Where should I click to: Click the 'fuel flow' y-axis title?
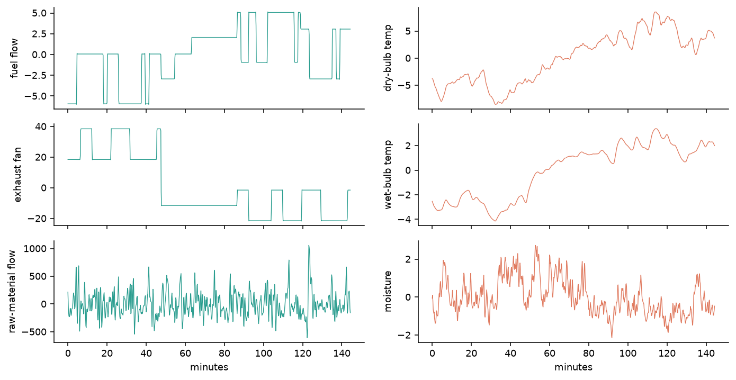pos(14,58)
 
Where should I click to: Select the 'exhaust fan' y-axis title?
pos(17,175)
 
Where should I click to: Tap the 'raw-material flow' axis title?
pos(12,291)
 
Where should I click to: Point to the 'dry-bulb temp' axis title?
pos(388,58)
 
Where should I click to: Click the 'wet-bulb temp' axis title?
pos(388,175)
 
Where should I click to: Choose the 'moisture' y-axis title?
pos(388,291)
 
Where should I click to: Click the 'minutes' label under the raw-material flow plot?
pos(209,367)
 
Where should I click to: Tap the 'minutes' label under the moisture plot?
pos(573,367)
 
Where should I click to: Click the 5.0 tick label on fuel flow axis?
pos(39,13)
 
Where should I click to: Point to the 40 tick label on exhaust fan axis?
pos(41,127)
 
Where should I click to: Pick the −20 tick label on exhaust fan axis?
pos(37,219)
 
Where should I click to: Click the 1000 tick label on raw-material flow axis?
pos(35,249)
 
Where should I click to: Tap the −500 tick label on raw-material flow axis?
pos(34,332)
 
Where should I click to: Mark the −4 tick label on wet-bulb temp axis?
pos(404,220)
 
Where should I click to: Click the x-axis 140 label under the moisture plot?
pos(706,354)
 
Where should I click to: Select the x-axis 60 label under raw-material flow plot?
pos(185,354)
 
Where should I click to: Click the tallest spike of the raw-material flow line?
pos(309,246)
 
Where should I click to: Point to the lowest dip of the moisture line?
pos(612,337)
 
